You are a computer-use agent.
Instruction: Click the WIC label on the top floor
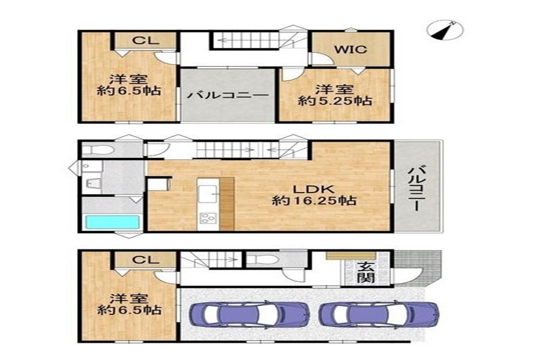tap(351, 49)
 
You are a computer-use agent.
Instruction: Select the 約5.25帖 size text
tap(335, 101)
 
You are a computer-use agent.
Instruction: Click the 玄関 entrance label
tap(365, 272)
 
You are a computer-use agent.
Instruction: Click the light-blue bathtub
tap(112, 221)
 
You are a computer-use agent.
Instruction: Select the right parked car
tap(379, 314)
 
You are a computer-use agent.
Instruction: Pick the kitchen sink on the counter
tap(208, 194)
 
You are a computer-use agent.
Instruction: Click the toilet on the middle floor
tap(98, 150)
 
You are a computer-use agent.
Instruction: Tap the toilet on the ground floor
tap(262, 259)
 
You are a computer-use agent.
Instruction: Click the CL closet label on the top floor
tap(146, 40)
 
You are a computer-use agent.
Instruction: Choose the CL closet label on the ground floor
tap(146, 259)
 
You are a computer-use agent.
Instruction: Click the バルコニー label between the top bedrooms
tap(227, 95)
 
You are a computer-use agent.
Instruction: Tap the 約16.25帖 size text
tap(314, 200)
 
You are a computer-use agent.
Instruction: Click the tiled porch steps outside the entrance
tap(418, 268)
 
